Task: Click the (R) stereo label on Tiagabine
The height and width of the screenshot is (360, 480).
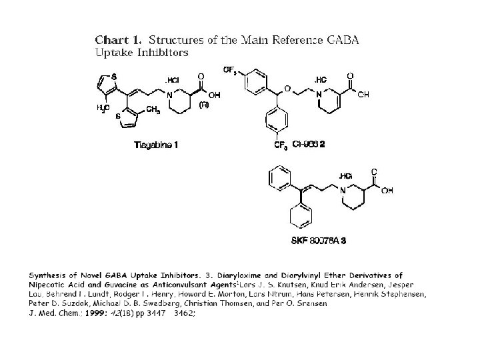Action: [x=204, y=105]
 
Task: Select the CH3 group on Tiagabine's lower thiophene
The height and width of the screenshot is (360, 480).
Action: [x=153, y=110]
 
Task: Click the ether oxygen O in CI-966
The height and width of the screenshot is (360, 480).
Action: [x=287, y=88]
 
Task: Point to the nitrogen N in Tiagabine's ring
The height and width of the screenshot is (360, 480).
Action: [x=170, y=94]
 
